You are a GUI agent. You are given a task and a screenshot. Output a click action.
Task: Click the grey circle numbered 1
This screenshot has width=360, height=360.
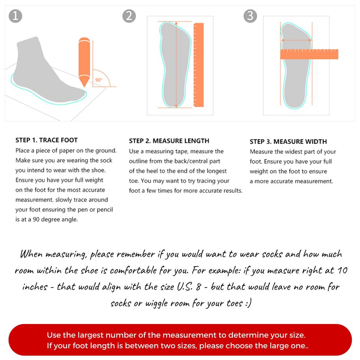[x=15, y=16]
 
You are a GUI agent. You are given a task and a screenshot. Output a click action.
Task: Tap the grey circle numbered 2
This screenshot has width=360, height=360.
[x=129, y=16]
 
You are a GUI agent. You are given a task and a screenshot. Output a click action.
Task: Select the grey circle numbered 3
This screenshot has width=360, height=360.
[x=250, y=16]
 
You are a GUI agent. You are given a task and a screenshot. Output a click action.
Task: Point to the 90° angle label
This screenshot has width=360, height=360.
[x=99, y=80]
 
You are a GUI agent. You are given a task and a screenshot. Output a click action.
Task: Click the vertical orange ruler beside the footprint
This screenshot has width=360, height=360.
[x=199, y=65]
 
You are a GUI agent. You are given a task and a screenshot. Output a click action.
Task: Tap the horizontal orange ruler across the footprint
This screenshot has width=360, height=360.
[x=309, y=54]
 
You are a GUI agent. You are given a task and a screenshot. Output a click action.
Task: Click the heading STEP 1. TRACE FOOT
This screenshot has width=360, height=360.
[x=46, y=140]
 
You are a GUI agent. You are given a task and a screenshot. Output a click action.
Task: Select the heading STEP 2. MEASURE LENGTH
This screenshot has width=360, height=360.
[x=169, y=141]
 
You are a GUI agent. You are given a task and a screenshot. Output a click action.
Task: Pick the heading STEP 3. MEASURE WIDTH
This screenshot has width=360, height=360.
[x=288, y=141]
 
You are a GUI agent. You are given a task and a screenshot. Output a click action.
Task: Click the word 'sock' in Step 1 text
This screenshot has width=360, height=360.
[x=106, y=160]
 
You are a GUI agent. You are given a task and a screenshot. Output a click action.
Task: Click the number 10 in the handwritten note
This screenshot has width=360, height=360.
[x=342, y=270]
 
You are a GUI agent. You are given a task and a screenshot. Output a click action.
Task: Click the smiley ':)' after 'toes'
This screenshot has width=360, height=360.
[x=248, y=303]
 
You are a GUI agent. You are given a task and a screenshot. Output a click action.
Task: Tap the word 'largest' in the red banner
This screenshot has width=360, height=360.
[x=91, y=335]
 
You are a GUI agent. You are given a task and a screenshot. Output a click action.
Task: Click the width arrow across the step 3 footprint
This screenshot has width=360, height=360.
[x=296, y=40]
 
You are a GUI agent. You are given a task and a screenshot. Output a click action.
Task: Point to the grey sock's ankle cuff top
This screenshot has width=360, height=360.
[x=27, y=39]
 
